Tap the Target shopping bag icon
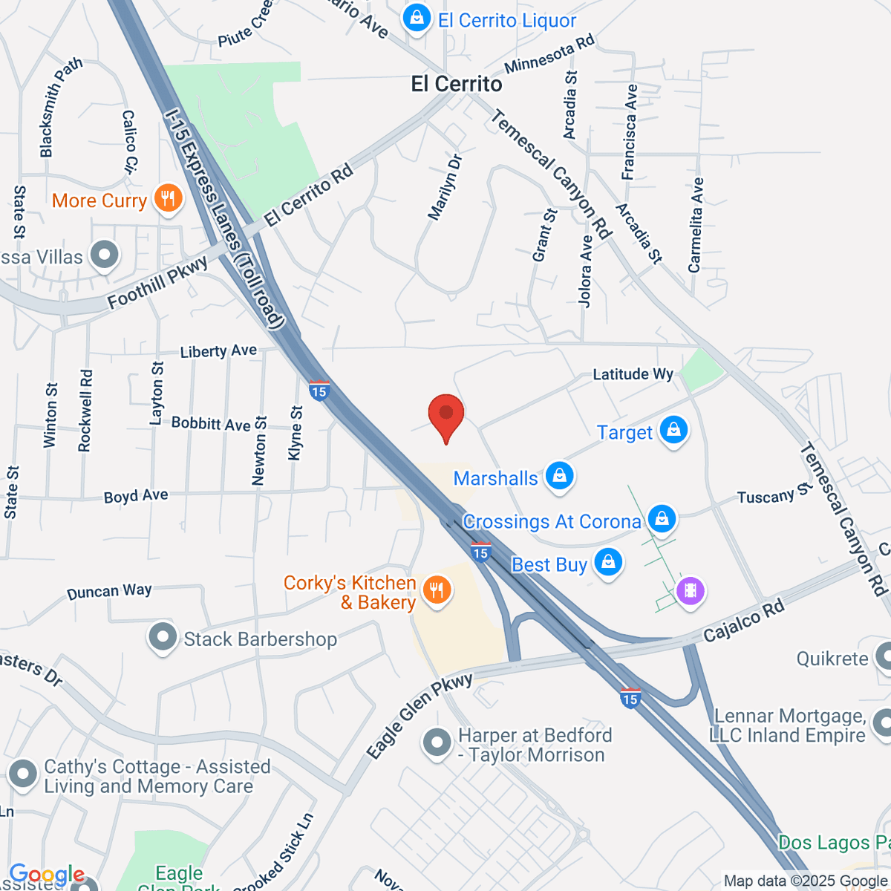pos(673,431)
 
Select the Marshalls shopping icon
pos(560,476)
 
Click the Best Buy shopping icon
pos(608,563)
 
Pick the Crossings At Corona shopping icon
pos(662,519)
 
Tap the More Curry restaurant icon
pos(169,199)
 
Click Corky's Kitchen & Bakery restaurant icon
pos(437,590)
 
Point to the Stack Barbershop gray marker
pos(163,638)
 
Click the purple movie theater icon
pos(691,591)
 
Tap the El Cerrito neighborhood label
pos(457,84)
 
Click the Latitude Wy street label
pos(633,374)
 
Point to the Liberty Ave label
pos(218,351)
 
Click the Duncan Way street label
pos(109,592)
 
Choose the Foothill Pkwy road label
pos(157,284)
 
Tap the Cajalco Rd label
pos(743,621)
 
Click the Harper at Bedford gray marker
pos(437,742)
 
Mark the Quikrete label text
pos(832,659)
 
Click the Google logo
pos(47,875)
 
